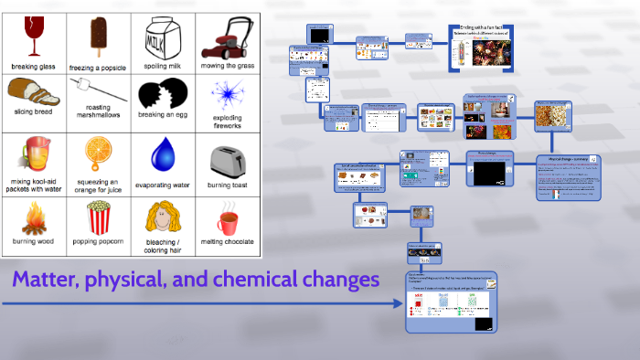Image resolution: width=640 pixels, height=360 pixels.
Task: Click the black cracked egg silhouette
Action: coord(161,93)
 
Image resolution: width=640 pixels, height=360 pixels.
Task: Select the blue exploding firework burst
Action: coord(225,93)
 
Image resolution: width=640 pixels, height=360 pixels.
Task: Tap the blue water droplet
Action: coord(162,154)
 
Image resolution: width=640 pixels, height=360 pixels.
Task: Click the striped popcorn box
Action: coord(97,217)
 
